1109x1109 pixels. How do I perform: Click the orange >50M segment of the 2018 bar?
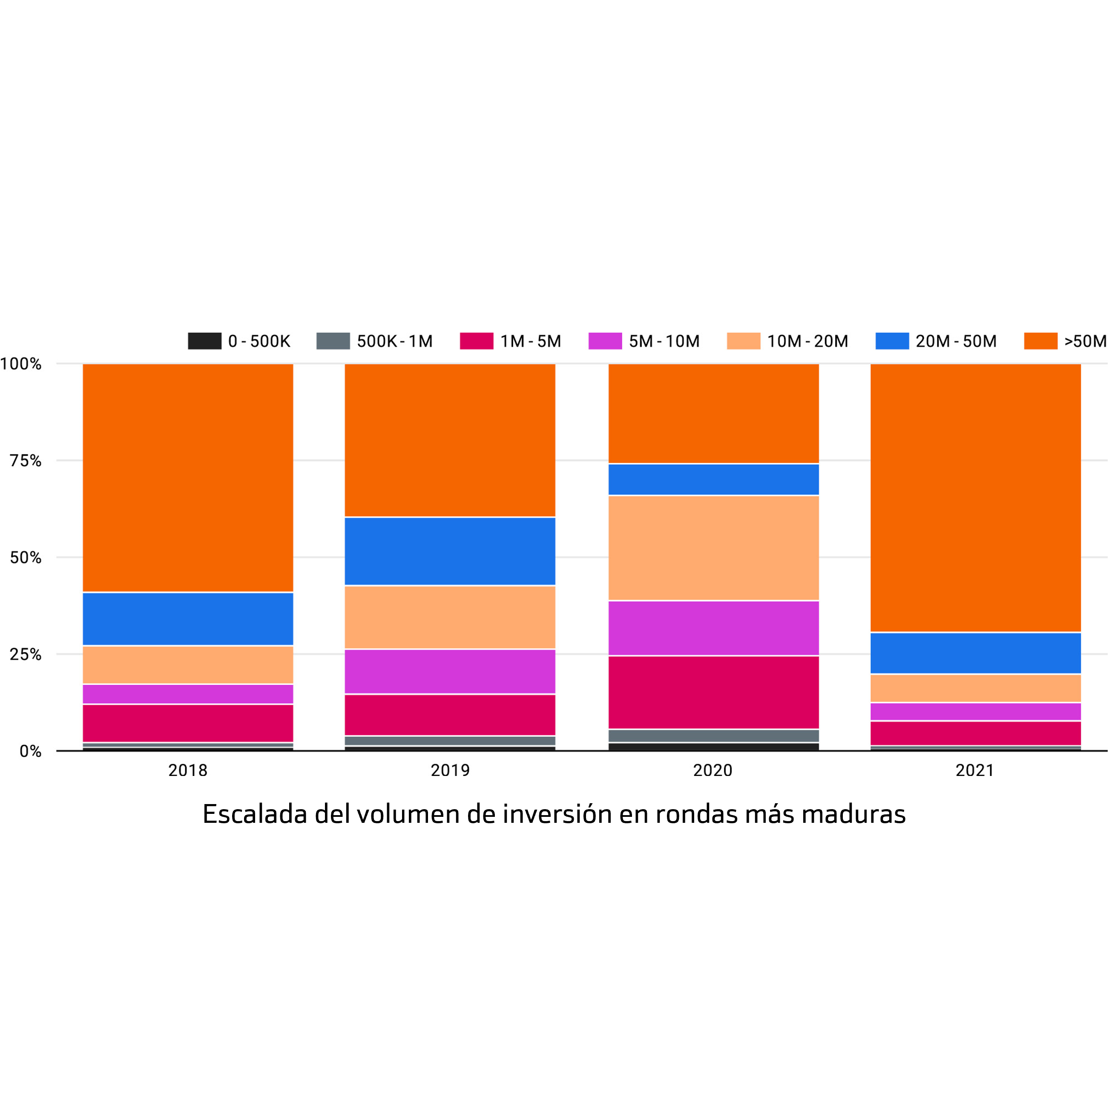click(x=188, y=477)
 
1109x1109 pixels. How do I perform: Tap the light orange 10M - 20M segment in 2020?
click(x=713, y=548)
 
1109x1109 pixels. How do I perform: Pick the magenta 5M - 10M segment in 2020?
click(x=713, y=628)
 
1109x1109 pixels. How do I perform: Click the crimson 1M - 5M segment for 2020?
click(x=713, y=692)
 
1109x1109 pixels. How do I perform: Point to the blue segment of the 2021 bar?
click(x=975, y=653)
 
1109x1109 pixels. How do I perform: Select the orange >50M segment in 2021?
click(x=975, y=498)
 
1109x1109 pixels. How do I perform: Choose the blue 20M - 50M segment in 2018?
click(x=188, y=619)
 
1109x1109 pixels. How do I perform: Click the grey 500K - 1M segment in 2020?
click(x=713, y=736)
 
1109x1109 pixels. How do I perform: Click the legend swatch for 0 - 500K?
click(x=204, y=341)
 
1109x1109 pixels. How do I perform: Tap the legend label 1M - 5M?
click(x=530, y=342)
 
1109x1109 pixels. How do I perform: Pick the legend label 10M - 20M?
click(x=807, y=342)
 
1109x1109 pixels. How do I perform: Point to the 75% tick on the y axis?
click(x=26, y=461)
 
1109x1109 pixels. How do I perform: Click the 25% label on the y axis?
click(x=26, y=655)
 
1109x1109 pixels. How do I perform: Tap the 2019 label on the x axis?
click(x=450, y=770)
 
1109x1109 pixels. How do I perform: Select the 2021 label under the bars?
click(x=975, y=770)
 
